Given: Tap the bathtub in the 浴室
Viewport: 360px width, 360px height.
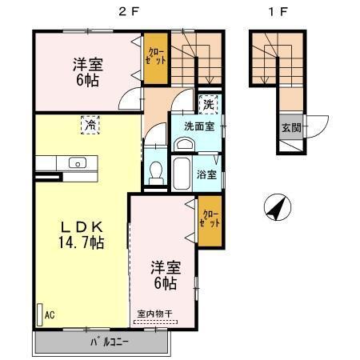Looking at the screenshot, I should [x=182, y=171].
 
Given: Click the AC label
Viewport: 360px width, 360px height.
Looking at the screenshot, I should [x=49, y=314].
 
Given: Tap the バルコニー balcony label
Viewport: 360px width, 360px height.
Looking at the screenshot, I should [x=100, y=344].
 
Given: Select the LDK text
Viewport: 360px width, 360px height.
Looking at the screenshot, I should [x=80, y=225].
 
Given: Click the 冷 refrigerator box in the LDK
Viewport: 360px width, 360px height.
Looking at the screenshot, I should [x=91, y=125].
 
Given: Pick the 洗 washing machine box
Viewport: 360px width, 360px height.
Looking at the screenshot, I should [x=207, y=104].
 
